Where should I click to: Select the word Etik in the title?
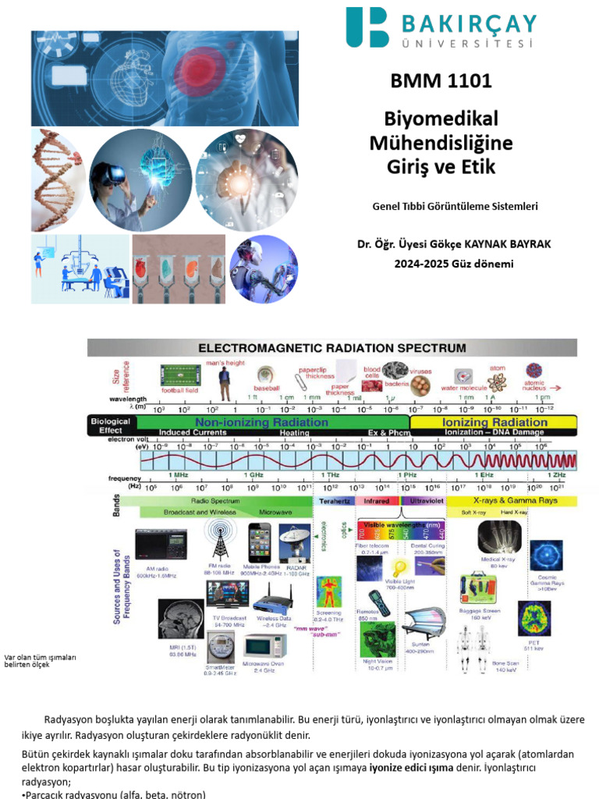476,167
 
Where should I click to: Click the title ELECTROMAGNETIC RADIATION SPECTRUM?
332,347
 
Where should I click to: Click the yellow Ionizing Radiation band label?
494,421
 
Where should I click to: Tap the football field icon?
180,375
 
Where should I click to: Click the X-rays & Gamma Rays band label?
510,500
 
